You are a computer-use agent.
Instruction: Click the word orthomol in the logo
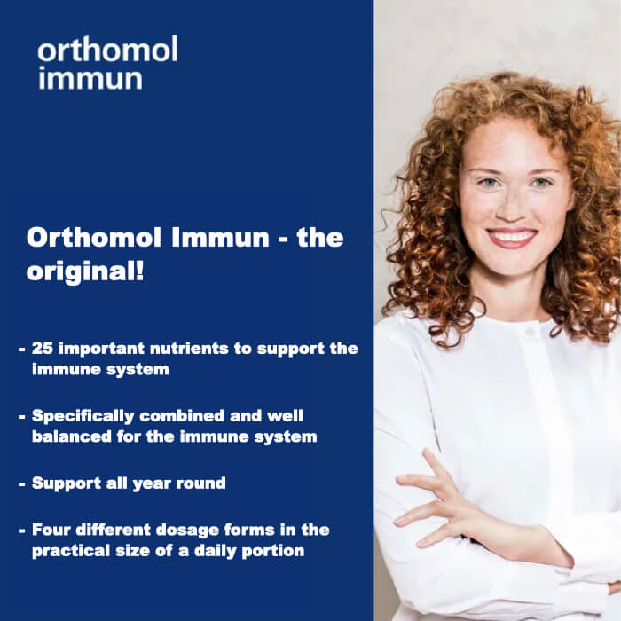click(107, 51)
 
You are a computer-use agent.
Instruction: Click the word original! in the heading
click(85, 271)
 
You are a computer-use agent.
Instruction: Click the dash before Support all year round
click(21, 484)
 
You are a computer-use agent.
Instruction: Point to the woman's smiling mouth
click(512, 238)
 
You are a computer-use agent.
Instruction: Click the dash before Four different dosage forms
click(21, 531)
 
